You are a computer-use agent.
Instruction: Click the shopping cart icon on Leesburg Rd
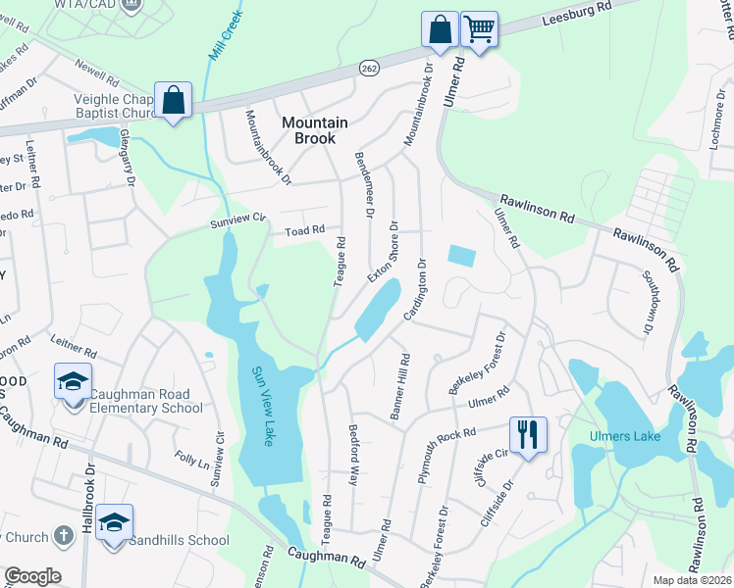[479, 29]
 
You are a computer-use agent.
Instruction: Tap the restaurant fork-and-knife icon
[528, 433]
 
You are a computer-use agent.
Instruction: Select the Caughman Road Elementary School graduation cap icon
[73, 381]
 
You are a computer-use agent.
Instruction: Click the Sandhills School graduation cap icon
[114, 521]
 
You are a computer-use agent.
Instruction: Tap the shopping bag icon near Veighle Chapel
[174, 100]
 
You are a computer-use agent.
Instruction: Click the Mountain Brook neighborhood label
[315, 130]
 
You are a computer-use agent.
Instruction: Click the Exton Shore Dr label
[382, 251]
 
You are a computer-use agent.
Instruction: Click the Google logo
[32, 576]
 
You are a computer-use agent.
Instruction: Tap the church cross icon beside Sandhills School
[63, 536]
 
